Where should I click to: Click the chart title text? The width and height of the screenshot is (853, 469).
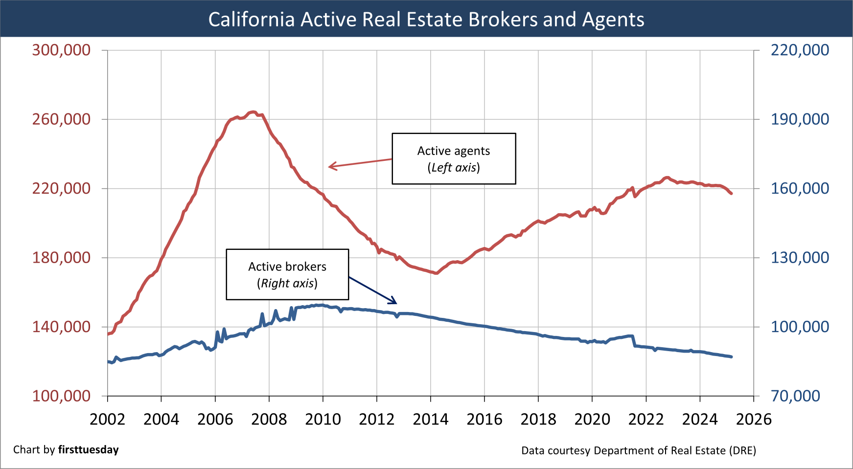click(x=426, y=20)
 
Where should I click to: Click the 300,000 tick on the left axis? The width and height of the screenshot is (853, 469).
click(x=61, y=50)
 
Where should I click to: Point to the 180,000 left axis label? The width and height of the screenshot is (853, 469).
click(x=61, y=257)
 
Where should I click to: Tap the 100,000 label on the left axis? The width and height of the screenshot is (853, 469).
click(x=61, y=396)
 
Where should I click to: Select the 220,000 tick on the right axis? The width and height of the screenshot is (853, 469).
click(x=800, y=50)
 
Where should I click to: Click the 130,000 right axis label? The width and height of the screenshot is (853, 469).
click(x=800, y=257)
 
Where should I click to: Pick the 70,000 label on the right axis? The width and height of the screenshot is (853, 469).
click(x=795, y=396)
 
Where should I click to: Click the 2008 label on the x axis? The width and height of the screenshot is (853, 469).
click(x=269, y=419)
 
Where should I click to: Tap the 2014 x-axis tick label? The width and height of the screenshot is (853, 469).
click(x=430, y=419)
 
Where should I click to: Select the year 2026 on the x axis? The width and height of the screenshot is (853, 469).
click(x=754, y=419)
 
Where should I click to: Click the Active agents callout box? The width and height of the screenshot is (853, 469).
click(x=454, y=158)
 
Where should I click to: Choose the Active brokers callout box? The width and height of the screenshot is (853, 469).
click(x=287, y=274)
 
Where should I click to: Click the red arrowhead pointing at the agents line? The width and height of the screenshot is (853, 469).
click(x=331, y=167)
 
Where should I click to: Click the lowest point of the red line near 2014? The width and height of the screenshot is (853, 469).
click(x=436, y=273)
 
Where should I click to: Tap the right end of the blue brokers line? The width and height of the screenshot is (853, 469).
click(x=731, y=357)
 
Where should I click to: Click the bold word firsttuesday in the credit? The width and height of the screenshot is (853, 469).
click(x=88, y=449)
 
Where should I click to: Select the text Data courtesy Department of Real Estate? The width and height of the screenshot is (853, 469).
click(x=638, y=450)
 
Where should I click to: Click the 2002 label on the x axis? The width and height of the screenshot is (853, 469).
click(x=107, y=419)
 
